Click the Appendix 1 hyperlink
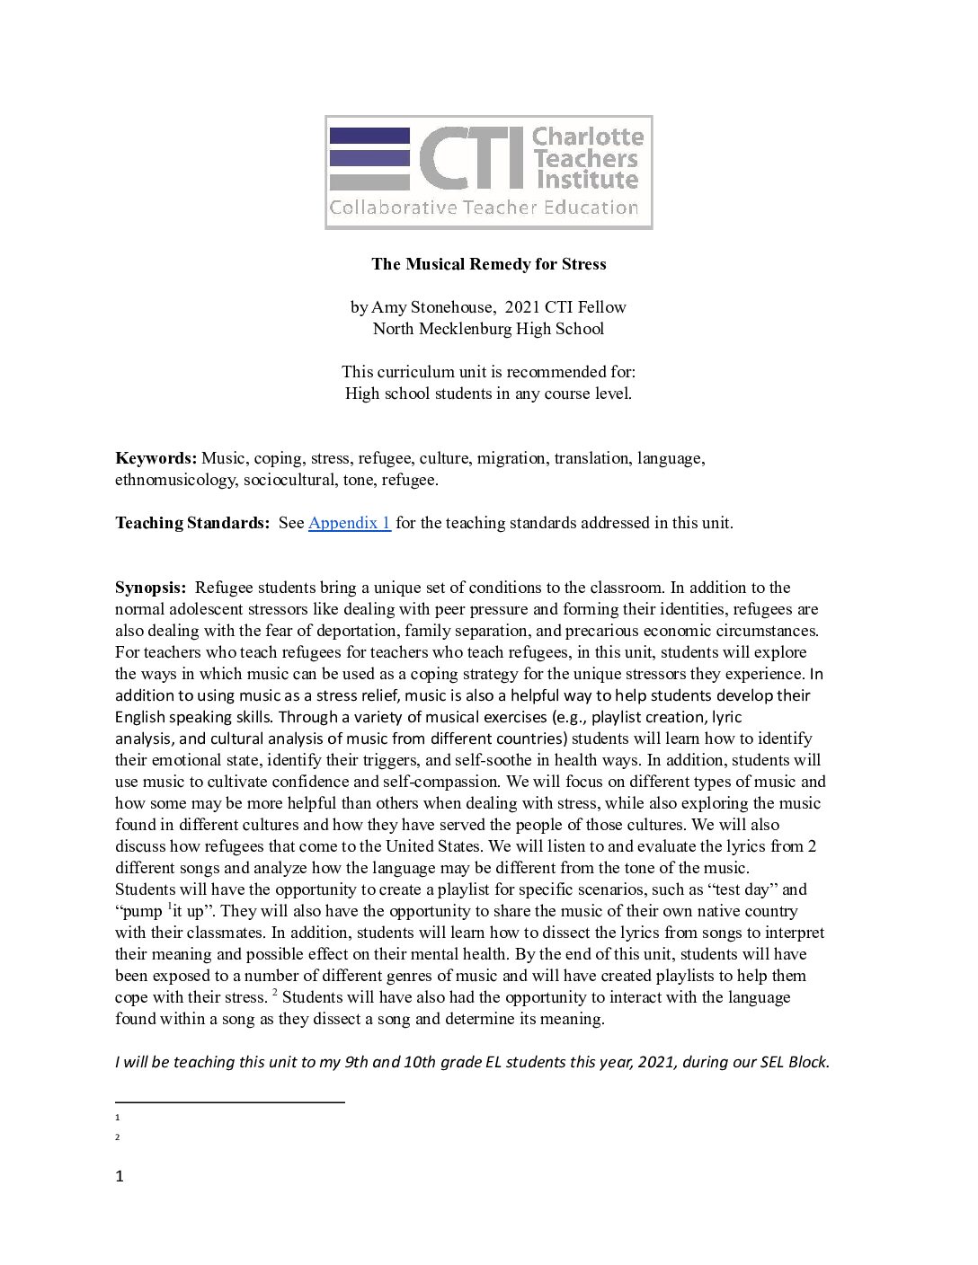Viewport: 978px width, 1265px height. pyautogui.click(x=349, y=523)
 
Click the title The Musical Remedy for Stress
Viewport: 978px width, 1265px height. pyautogui.click(x=489, y=264)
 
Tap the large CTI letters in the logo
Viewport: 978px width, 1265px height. pyautogui.click(x=471, y=158)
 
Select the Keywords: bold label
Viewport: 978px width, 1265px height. pyautogui.click(x=156, y=458)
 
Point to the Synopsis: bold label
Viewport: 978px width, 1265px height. pyautogui.click(x=150, y=588)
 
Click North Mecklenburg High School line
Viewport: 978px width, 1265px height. pyautogui.click(x=489, y=329)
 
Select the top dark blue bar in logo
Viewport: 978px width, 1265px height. pyautogui.click(x=369, y=136)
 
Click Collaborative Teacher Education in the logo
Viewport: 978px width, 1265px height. pyautogui.click(x=484, y=208)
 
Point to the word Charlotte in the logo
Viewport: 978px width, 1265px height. pyautogui.click(x=588, y=137)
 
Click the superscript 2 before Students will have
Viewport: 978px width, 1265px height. pyautogui.click(x=275, y=993)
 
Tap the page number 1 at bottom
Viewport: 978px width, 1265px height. pyautogui.click(x=120, y=1176)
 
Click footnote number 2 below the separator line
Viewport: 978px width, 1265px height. pyautogui.click(x=118, y=1137)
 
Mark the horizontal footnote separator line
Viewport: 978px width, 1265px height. pyautogui.click(x=229, y=1101)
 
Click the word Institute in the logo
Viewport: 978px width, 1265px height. pyautogui.click(x=588, y=180)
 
